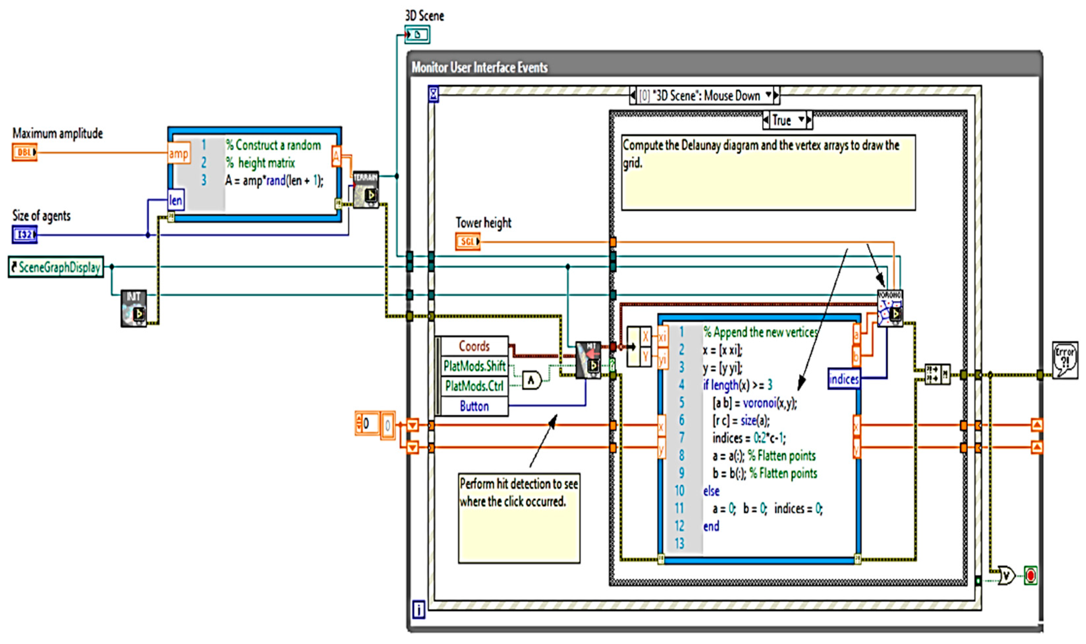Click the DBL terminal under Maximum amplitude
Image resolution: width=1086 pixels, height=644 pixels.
(24, 152)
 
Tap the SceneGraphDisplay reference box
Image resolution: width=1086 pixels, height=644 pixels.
(56, 267)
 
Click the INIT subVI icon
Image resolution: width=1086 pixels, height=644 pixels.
(134, 308)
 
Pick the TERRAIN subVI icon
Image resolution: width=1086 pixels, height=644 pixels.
(366, 189)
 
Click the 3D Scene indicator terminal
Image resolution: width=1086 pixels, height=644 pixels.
(417, 34)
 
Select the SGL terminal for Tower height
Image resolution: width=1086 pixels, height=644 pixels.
(468, 241)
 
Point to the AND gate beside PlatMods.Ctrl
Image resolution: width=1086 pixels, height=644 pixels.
(532, 381)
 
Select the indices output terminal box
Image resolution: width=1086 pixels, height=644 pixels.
(844, 379)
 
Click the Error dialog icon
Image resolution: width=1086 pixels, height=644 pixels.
(1065, 360)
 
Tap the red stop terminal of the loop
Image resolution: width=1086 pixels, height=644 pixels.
(1030, 576)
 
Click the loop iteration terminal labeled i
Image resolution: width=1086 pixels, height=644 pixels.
(419, 610)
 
